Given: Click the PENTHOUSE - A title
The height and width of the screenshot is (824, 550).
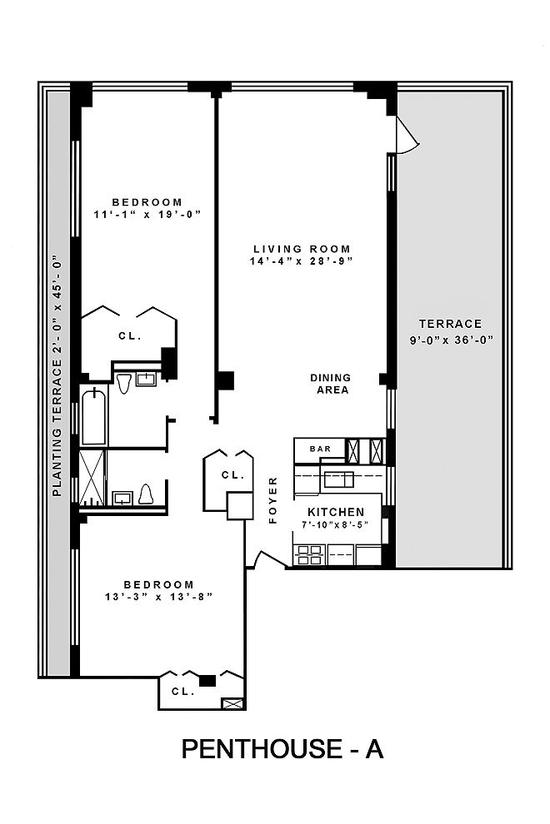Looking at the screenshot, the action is (x=282, y=748).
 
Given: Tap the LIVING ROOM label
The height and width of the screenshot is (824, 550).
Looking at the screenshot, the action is (x=302, y=249).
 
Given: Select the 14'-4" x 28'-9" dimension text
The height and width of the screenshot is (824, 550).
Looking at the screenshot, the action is (x=301, y=261).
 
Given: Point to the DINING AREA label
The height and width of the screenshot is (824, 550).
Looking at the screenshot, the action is (x=331, y=384).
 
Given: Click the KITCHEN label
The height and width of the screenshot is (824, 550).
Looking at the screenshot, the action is (x=336, y=512).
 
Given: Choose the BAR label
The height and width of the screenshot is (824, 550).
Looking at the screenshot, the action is (x=321, y=449).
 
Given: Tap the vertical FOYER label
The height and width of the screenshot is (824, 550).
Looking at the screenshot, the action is (x=272, y=500).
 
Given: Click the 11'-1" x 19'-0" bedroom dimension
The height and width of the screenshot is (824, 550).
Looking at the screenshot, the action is (x=147, y=215).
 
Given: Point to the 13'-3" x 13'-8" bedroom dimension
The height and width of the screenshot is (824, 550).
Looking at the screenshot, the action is (x=159, y=597).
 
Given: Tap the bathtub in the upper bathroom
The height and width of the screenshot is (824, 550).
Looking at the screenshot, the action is (x=93, y=417).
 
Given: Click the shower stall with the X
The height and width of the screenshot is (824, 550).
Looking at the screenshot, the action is (x=92, y=477).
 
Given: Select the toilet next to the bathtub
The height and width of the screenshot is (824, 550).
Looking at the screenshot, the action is (x=123, y=383).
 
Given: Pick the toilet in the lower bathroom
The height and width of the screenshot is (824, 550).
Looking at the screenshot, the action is (x=146, y=494).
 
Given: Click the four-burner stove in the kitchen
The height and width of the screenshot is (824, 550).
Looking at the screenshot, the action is (x=309, y=555).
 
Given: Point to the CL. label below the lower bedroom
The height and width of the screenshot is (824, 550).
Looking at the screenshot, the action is (x=183, y=692).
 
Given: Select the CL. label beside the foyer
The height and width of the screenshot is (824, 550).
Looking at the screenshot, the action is (x=233, y=475).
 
